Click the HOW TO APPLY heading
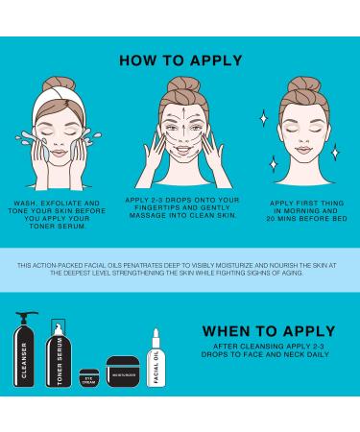coord(180,60)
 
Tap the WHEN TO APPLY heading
coord(269,331)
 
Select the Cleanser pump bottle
coord(24,349)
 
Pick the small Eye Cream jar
coord(89,378)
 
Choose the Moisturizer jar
coord(123,372)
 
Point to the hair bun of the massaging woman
coord(184,84)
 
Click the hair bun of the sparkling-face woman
coord(304,84)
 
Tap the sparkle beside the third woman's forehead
coord(264,118)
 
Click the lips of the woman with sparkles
coord(303,150)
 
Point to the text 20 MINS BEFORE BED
coord(306,219)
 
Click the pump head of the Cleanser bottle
coord(27,315)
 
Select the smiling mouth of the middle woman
coord(182,150)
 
